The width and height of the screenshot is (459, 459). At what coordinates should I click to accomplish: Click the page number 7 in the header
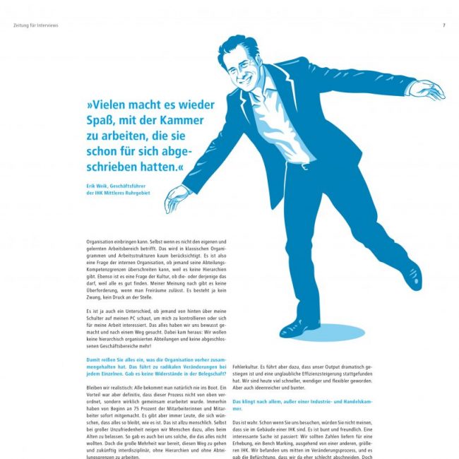(443, 25)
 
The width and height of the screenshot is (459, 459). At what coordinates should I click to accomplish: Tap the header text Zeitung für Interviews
(35, 25)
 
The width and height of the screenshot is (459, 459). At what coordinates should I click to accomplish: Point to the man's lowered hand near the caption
(175, 201)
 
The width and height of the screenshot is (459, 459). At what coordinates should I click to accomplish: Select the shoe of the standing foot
(301, 326)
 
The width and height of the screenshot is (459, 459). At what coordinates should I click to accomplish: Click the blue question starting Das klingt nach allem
(311, 405)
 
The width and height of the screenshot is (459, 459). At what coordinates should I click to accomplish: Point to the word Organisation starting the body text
(103, 242)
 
